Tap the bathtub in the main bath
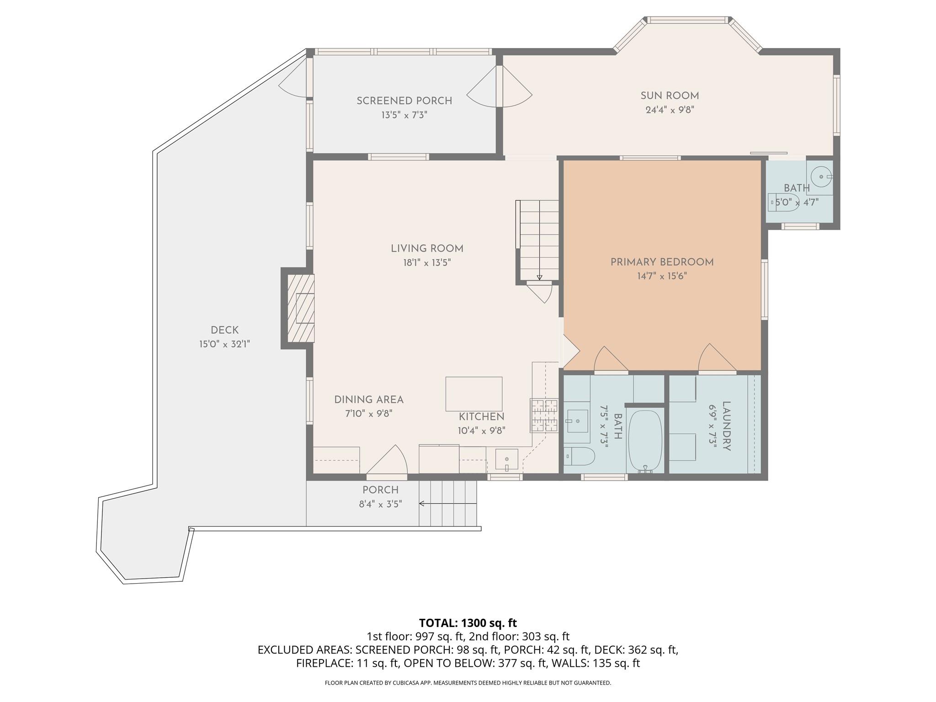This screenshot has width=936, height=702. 645,441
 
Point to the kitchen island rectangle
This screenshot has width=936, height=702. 474,394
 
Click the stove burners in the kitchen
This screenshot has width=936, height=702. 544,415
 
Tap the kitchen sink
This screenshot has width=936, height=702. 507,459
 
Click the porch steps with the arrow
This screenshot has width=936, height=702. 448,503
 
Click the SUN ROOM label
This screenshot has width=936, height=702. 670,96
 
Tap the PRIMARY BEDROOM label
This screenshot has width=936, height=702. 662,262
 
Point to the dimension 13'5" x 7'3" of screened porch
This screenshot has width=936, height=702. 404,115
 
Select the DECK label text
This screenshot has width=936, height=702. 224,330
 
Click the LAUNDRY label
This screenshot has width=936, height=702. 726,426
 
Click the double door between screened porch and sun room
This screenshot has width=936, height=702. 500,87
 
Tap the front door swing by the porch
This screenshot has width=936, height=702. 387,461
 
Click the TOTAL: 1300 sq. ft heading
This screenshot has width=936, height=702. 468,623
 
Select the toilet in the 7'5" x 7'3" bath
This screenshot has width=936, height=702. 580,456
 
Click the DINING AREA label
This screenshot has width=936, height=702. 369,400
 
